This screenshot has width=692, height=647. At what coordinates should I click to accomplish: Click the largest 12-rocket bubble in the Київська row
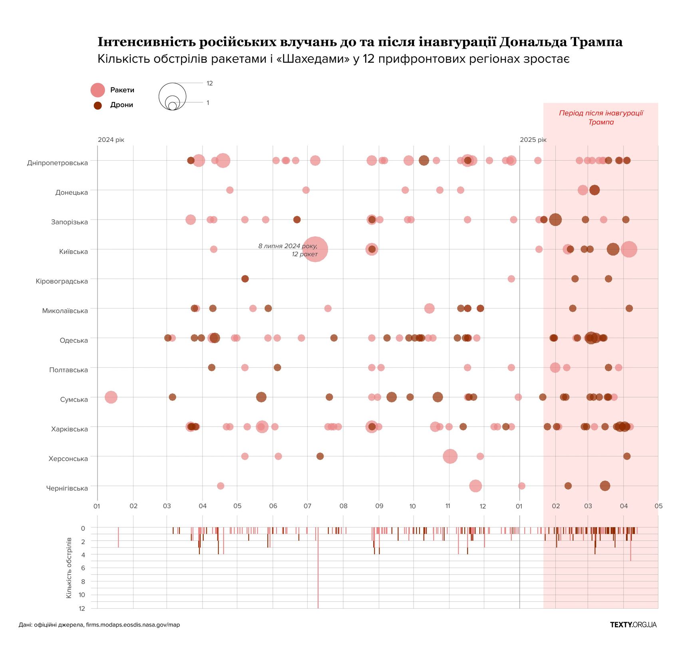[315, 249]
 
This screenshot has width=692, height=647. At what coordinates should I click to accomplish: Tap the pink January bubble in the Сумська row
[111, 397]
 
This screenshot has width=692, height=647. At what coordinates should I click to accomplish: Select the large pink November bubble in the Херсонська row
[450, 456]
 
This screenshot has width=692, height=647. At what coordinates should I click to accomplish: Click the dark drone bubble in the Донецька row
[594, 190]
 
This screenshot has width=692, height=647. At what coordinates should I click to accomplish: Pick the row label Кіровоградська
[62, 281]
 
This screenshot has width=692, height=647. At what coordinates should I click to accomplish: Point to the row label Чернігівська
[67, 488]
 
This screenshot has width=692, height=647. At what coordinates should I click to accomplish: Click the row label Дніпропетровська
[57, 163]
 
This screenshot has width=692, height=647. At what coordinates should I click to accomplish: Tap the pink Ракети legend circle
[97, 90]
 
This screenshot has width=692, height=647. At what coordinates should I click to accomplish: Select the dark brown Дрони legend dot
[97, 106]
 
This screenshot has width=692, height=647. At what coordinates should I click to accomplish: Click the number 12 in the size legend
[209, 83]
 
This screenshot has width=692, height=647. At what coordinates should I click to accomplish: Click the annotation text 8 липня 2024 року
[288, 246]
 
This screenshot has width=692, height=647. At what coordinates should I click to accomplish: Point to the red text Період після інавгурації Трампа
[601, 117]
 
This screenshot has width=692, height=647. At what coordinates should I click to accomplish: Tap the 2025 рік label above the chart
[533, 140]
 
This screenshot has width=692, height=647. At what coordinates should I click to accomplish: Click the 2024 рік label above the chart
[111, 140]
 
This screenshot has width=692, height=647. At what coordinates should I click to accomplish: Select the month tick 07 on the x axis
[307, 506]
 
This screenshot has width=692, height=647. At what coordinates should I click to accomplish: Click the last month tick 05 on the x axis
[658, 506]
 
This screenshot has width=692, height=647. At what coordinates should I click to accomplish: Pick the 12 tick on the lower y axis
[82, 609]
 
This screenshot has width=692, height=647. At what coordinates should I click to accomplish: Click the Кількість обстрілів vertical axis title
[69, 567]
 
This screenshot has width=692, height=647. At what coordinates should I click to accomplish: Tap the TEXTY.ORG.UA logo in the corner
[633, 625]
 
